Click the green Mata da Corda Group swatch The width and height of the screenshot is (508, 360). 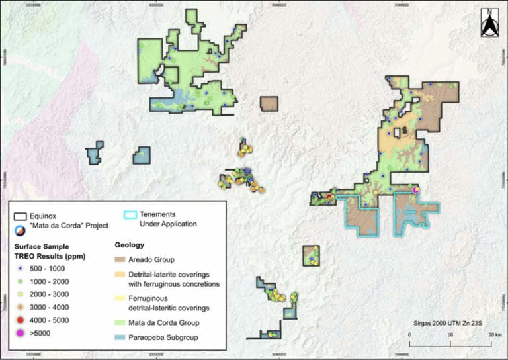(119, 322)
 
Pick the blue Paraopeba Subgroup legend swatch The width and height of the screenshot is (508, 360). (119, 337)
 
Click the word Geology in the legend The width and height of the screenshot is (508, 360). (128, 244)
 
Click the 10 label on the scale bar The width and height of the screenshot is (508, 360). (450, 335)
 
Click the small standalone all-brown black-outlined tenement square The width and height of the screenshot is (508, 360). (269, 104)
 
